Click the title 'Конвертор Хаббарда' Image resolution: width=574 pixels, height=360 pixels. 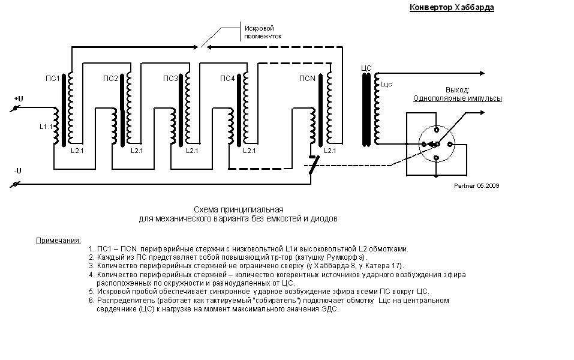[452, 7]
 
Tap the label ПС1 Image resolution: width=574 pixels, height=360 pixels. [52, 79]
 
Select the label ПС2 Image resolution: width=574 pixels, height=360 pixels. [110, 79]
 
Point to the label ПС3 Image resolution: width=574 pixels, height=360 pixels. [170, 79]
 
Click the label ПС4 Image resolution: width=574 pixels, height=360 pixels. [227, 79]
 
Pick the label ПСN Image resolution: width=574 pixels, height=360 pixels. [307, 79]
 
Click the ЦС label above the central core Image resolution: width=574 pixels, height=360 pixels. [366, 68]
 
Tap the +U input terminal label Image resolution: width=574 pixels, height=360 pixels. [19, 99]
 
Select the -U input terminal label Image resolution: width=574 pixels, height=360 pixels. [18, 170]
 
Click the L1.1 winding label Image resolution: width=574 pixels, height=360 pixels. [46, 127]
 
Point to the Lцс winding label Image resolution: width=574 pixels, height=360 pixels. [386, 84]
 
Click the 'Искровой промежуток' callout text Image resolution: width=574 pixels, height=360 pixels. [263, 32]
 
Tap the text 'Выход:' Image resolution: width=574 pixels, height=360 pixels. [457, 90]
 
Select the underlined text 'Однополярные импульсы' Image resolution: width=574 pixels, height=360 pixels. [458, 98]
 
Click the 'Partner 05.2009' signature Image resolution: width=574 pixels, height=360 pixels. [477, 185]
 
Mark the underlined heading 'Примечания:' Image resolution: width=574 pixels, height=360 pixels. [59, 241]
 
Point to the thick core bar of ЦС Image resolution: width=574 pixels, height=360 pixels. [366, 110]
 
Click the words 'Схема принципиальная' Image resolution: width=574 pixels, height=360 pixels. [238, 210]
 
